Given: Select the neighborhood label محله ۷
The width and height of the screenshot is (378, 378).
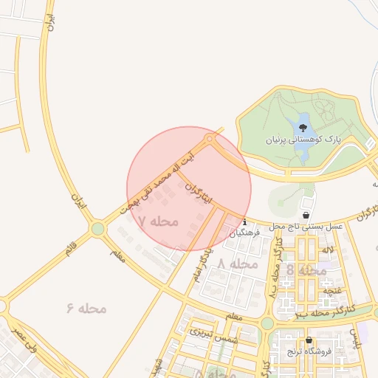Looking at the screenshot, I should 159,221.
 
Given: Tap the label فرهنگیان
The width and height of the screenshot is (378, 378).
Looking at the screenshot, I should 245,231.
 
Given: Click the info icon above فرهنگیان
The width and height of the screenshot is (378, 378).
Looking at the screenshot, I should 244,220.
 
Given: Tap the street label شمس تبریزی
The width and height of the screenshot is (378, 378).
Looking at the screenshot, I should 215,334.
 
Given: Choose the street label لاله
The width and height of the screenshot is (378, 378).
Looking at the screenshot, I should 326,250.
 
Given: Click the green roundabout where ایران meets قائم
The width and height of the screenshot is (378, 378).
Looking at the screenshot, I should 98,229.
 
